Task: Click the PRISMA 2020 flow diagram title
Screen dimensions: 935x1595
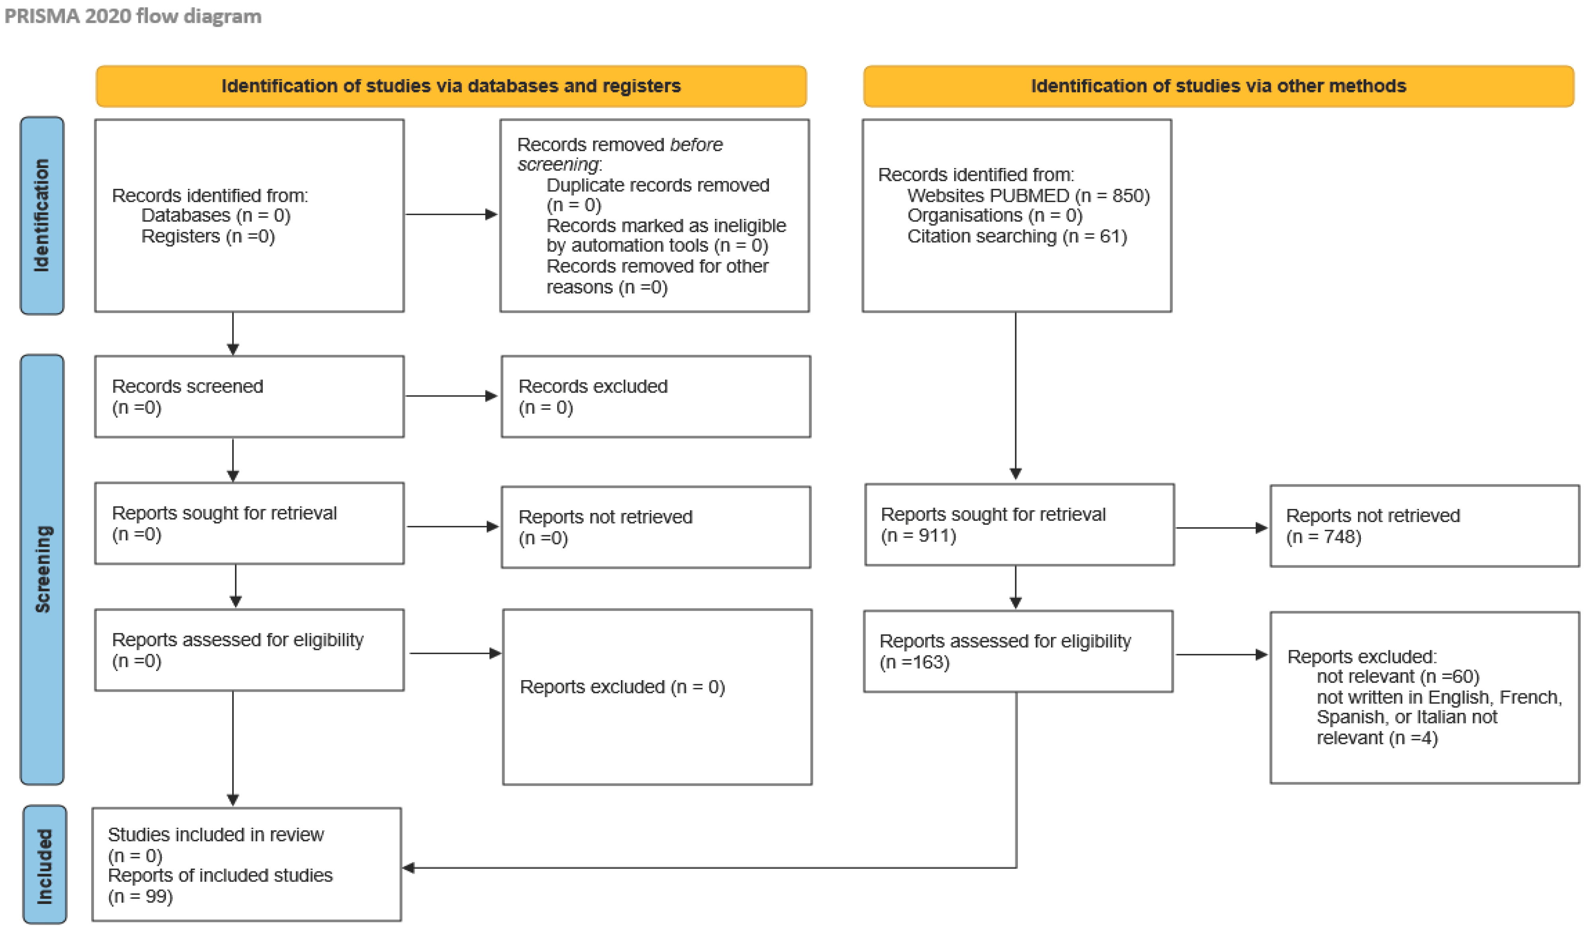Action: pos(133,16)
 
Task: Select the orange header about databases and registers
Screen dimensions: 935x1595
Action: pos(451,86)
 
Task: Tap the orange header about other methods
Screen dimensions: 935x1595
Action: pos(1218,86)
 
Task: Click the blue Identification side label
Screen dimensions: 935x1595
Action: pos(42,215)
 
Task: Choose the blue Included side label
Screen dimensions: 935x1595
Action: pos(44,865)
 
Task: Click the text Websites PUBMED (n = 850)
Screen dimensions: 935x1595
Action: pos(1028,196)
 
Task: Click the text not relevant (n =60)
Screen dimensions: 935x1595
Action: pos(1397,677)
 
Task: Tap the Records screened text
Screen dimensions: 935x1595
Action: pos(187,386)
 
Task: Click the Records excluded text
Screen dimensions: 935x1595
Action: pos(593,386)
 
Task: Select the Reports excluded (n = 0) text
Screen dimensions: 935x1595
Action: pos(622,687)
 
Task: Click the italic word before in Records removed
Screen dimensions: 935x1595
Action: pos(696,145)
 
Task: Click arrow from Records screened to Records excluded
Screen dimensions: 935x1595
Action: pos(451,396)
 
